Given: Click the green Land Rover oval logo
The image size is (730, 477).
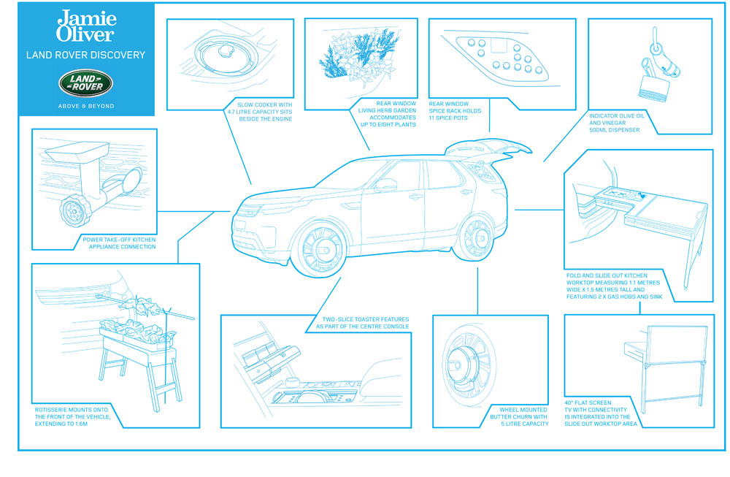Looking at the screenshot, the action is coord(85,83).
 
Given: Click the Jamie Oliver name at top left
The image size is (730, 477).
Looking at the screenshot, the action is coord(86,26).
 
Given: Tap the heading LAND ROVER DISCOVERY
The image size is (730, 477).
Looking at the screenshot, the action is coord(85,55).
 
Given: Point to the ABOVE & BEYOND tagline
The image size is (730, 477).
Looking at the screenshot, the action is coord(86,106).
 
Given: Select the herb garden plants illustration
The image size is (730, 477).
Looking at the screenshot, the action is coord(360,56).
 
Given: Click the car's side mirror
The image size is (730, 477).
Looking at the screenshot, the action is coord(386,185).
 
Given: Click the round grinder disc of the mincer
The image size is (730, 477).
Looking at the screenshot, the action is coord(74,210).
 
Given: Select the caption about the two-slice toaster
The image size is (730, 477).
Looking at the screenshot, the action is coord(362,323).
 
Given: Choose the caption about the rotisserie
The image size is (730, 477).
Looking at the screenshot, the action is coord(72,417).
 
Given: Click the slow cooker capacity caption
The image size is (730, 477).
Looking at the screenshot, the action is coord(260,112).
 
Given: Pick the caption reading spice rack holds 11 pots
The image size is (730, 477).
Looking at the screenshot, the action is coord(455,111).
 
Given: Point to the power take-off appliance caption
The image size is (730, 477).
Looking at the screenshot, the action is coord(119,243).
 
